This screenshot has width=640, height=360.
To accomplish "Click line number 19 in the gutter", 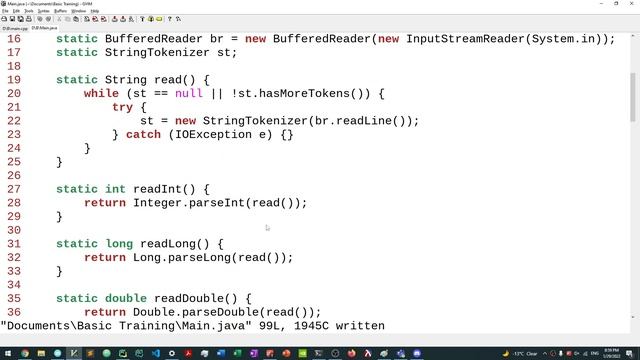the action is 14,80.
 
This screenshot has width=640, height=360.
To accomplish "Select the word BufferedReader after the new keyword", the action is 322,39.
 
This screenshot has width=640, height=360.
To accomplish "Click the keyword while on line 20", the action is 101,94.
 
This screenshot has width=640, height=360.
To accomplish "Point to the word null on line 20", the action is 188,94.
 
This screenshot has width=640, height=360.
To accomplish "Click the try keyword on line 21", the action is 122,107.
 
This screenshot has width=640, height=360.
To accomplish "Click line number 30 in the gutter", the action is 14,230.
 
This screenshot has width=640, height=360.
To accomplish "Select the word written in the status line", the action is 356,326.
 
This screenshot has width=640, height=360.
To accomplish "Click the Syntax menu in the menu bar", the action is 43,11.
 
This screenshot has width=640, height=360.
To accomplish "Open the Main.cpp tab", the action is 15,28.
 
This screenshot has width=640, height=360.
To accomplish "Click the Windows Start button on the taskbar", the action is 7,353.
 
